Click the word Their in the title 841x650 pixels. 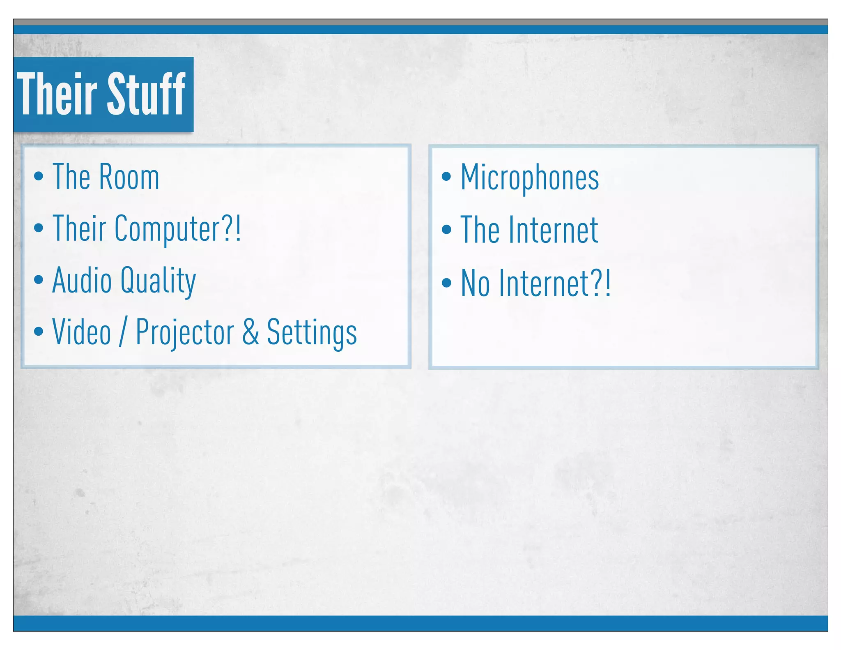57,94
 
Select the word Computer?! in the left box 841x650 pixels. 177,229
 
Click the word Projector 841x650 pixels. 185,333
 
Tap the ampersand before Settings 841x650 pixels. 250,332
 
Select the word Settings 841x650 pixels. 312,333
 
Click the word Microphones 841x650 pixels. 530,177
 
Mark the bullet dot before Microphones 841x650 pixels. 446,177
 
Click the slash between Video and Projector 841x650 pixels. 123,332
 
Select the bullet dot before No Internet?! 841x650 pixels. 446,283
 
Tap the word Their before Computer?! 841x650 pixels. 79,228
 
